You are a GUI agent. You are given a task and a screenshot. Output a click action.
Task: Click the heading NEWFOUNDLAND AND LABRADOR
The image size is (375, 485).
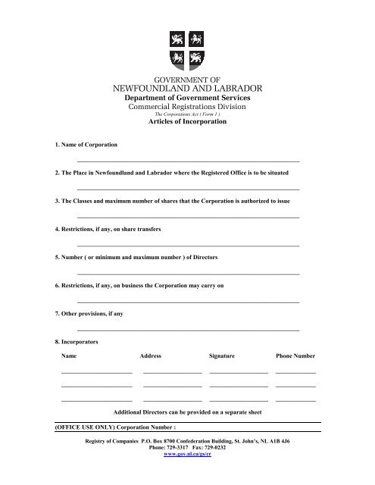187,88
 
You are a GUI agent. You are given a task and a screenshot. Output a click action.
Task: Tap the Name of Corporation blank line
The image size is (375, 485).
188,161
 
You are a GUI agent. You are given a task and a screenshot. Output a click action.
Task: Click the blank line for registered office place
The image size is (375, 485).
188,189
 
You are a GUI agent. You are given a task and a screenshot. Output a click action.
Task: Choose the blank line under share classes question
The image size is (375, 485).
188,217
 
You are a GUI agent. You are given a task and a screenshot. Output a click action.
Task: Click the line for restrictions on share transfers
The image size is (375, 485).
188,246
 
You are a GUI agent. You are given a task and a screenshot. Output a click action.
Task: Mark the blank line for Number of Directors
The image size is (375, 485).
188,274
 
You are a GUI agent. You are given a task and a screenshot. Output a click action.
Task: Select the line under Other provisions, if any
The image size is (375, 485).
188,330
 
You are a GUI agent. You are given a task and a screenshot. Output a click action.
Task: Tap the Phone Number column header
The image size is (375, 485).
295,355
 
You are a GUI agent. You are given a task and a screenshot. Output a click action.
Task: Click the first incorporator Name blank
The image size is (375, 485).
96,372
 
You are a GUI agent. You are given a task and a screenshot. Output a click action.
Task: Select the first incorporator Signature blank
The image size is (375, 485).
239,372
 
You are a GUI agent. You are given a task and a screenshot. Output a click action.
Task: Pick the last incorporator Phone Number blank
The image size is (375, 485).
295,399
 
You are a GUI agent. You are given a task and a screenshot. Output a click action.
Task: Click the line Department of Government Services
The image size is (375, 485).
187,99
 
